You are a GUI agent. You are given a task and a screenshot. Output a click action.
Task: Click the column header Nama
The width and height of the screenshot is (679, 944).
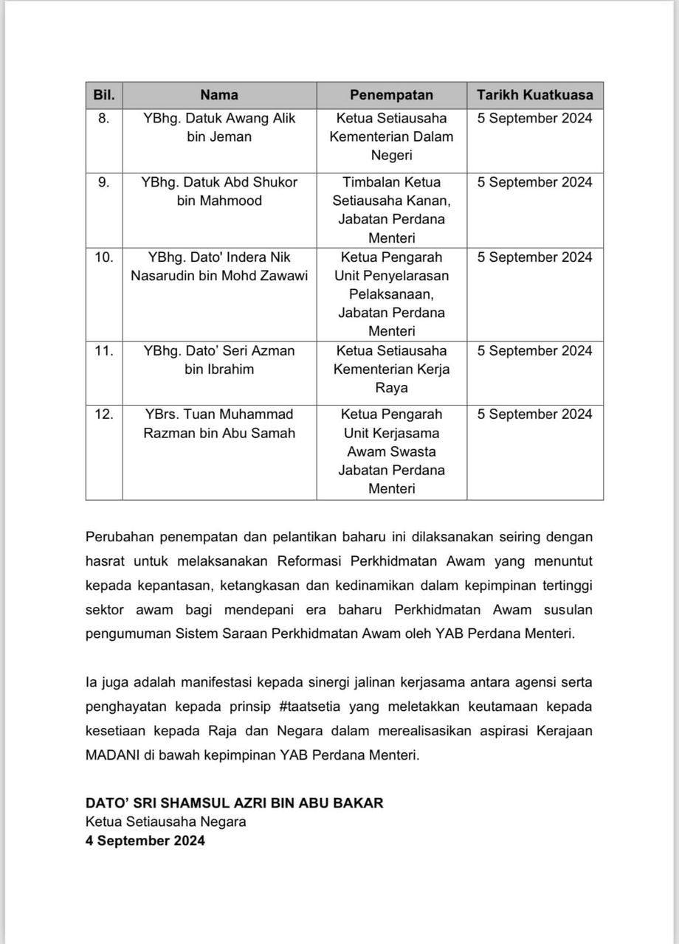point(219,94)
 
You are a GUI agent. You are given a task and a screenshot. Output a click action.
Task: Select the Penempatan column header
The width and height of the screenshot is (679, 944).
point(391,94)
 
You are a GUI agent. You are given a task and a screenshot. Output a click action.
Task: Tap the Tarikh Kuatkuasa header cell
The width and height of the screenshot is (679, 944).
point(534,94)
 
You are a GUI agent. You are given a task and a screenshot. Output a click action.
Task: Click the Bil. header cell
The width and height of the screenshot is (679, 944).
point(104,94)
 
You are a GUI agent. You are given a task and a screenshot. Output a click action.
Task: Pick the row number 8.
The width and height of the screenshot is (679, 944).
point(104,118)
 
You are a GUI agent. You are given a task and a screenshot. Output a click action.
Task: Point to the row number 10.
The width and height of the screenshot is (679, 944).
point(104,257)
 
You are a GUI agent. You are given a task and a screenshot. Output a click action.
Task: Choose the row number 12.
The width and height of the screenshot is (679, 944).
point(104,414)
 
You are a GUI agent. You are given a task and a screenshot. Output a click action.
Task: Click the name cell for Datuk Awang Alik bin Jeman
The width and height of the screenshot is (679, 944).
point(219,128)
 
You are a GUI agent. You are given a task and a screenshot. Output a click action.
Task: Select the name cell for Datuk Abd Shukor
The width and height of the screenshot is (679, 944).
point(219,191)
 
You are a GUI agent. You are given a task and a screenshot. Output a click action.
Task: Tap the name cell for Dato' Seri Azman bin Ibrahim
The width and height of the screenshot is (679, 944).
point(219,360)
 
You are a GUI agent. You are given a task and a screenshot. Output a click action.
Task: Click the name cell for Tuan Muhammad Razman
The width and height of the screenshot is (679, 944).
point(219,423)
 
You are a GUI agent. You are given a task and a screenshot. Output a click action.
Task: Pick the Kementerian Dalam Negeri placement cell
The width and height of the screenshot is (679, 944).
point(391,136)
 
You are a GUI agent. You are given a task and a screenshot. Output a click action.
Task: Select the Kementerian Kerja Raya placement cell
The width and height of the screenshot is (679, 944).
point(391,369)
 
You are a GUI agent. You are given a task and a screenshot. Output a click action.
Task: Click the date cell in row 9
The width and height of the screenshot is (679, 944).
point(534,182)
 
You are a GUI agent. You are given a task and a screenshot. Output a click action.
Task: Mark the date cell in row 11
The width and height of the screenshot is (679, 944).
point(534,350)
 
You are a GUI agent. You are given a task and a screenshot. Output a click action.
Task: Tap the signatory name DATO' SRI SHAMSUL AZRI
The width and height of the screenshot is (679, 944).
point(234,802)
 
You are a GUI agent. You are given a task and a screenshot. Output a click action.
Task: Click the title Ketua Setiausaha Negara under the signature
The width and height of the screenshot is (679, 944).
point(165,822)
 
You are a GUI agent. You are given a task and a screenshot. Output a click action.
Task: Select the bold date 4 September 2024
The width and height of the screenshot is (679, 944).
point(145,840)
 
